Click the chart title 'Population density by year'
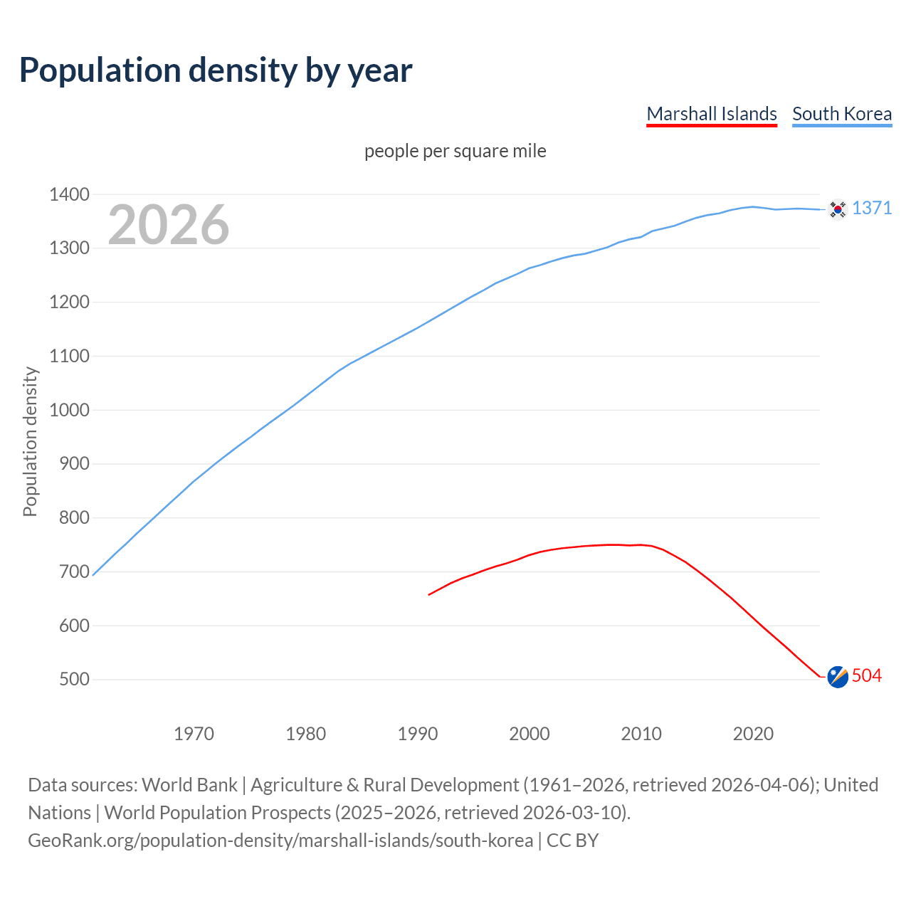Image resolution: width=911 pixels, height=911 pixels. (216, 70)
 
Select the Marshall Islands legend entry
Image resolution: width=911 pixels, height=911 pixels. (711, 114)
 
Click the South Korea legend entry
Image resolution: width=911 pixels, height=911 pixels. (841, 114)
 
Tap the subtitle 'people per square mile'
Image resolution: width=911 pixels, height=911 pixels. (455, 151)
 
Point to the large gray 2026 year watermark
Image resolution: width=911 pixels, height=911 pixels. (169, 225)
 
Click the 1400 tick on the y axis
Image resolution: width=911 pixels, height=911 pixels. (69, 194)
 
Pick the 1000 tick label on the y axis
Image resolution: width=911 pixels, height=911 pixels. (69, 410)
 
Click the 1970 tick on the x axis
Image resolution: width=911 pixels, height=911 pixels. (194, 734)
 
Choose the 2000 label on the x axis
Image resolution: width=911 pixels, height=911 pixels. (529, 734)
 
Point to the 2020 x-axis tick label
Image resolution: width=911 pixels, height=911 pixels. (753, 734)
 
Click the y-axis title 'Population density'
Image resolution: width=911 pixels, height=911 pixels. (30, 441)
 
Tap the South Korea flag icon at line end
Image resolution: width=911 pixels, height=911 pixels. (838, 209)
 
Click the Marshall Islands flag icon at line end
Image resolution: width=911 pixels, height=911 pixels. (838, 677)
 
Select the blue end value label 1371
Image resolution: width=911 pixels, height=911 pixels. (871, 208)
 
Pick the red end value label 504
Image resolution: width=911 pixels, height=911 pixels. (866, 675)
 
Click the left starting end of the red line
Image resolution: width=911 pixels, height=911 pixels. (429, 594)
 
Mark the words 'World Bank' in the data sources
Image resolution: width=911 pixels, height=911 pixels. (189, 785)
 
